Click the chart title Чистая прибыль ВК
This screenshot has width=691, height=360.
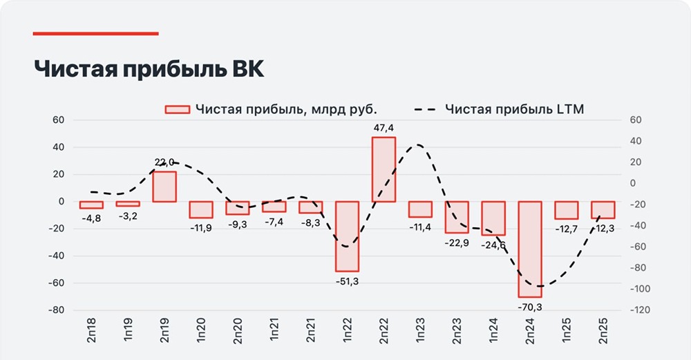[x=149, y=70]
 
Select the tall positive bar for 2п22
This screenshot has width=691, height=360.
[x=384, y=169]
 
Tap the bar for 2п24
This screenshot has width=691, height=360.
[x=530, y=249]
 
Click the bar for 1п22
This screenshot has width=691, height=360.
[x=347, y=236]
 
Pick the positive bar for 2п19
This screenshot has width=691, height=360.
[x=164, y=187]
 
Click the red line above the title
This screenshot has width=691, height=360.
[x=96, y=32]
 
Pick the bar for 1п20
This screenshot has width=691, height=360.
[x=201, y=209]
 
